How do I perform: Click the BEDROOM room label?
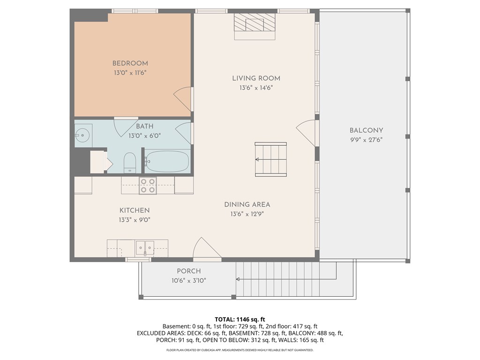pos(130,63)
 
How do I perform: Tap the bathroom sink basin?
pos(82,135)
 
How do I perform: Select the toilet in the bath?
pos(130,163)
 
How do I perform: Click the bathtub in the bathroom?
pos(167,161)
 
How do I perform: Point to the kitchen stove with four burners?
pos(148,186)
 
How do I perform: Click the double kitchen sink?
pos(145,248)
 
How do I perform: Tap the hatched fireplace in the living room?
pos(255,22)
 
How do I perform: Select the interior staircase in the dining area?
pos(271,159)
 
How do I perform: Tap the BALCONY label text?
pos(367,130)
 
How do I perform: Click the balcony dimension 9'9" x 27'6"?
pos(367,140)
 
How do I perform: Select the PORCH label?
pos(189,271)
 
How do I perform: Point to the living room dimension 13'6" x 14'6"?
pos(256,88)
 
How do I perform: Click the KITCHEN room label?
pos(135,210)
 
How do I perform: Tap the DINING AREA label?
pos(247,204)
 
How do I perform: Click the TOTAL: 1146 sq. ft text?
pos(240,320)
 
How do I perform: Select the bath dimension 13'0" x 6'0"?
pos(144,135)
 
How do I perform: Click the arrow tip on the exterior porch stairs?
pos(236,279)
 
